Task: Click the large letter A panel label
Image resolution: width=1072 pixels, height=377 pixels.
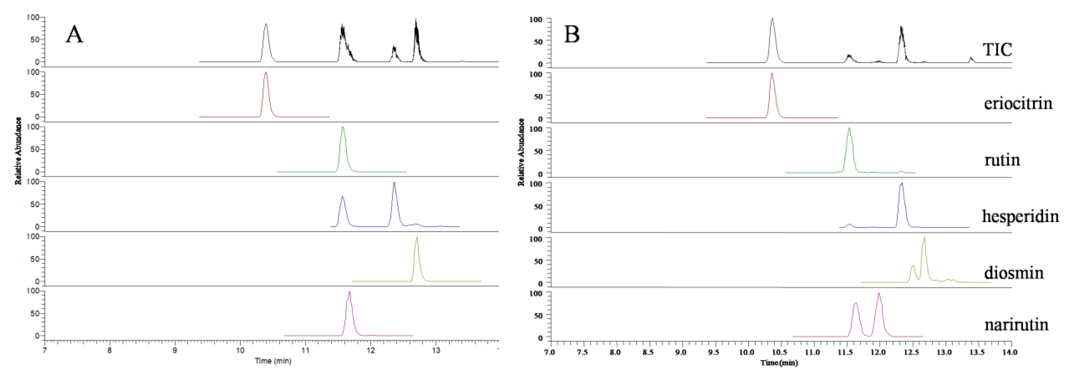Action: click(74, 34)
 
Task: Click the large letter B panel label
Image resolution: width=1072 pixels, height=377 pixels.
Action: click(572, 34)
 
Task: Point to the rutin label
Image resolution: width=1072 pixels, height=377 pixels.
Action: click(1002, 160)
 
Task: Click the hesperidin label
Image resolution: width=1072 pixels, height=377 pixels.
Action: click(1020, 216)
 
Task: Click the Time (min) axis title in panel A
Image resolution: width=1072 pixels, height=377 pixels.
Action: click(273, 361)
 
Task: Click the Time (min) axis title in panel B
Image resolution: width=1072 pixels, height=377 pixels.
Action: click(779, 363)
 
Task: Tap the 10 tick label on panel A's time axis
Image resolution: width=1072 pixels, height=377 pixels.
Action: click(240, 350)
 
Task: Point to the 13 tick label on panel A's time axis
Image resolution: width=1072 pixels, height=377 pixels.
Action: click(436, 350)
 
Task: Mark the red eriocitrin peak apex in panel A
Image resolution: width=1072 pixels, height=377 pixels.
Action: click(266, 73)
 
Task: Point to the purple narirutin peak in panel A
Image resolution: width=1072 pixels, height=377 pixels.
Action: click(350, 292)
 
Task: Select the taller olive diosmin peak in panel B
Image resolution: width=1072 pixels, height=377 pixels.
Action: click(924, 238)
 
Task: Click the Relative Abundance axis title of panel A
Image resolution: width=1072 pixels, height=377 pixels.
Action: click(18, 151)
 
